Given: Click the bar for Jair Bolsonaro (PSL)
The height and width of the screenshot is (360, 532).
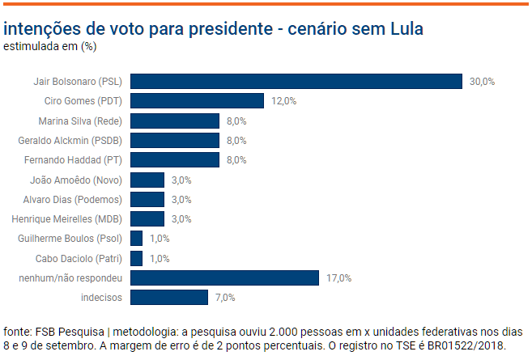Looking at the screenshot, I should pos(296,81).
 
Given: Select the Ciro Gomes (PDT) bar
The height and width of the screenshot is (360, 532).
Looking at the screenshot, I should pos(197,101).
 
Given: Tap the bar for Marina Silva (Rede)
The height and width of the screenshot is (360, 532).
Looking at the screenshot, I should pos(175,121).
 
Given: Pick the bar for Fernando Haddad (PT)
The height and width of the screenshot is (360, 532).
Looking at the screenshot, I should pos(175,160).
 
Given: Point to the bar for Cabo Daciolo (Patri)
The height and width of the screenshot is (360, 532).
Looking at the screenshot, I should pos(136,258).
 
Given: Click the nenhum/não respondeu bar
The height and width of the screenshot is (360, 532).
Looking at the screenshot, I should pos(224,277).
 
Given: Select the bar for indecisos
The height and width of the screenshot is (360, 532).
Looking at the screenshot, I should pos(169,298).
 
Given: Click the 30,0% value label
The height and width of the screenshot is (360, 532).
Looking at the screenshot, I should pos(482,82).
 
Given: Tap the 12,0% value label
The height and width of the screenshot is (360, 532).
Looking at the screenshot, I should pos(283,101).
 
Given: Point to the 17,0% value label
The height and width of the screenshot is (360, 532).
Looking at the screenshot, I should pos(338,278).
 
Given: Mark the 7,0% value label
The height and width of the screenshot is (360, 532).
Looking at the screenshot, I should pos(225,298).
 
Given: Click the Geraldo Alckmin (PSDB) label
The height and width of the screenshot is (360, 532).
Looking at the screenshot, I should pos(70,141).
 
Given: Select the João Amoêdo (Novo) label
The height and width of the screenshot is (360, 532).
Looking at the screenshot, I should pos(75,180).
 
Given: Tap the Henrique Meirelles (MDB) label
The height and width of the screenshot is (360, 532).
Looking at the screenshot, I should pos(66,219).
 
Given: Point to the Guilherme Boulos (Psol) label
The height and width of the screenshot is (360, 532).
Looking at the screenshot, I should pos(70,239).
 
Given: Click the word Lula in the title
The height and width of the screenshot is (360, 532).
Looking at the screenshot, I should pos(402,29).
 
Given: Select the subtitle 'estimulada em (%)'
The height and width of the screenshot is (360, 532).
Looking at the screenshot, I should pos(50,46).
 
